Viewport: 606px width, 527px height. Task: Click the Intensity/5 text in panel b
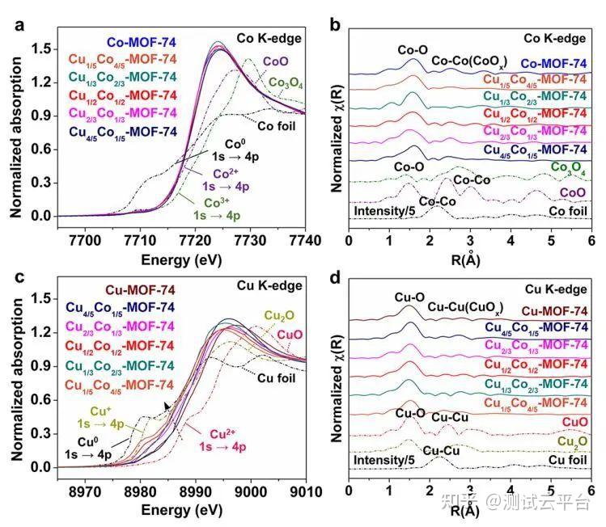[385, 211]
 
